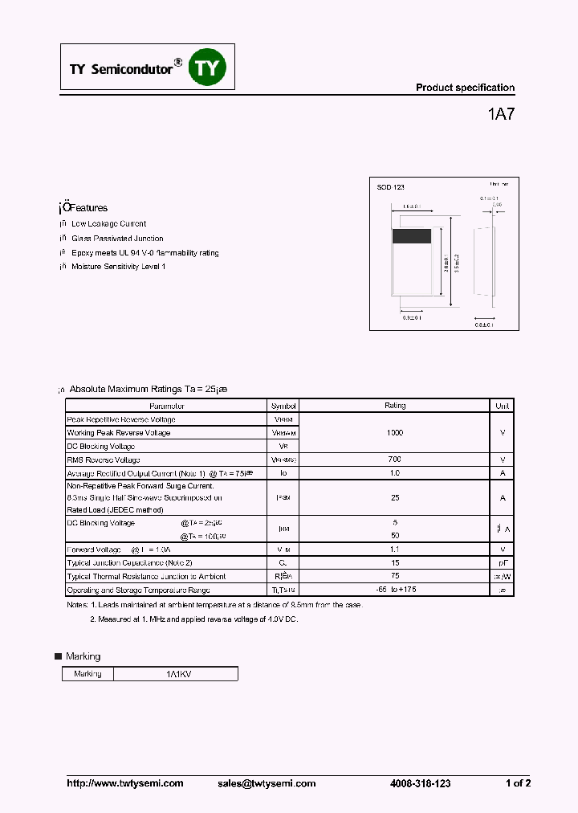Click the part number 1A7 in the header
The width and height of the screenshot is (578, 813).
pos(501,114)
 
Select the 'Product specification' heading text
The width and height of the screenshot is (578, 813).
pos(465,88)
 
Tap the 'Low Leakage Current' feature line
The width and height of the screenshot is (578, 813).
pos(108,224)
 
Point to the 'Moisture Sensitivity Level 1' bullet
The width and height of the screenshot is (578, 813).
pos(118,267)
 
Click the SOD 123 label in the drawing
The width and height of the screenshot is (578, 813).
pos(391,187)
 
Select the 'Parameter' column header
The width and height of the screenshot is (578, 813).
pos(166,406)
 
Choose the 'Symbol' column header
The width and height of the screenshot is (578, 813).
pos(283,406)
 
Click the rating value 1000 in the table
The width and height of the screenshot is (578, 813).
pos(395,433)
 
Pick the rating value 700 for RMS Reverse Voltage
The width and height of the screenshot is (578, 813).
pos(395,460)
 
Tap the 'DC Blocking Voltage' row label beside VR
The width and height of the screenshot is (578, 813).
pos(100,447)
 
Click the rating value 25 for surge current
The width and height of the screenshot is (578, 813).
pos(395,498)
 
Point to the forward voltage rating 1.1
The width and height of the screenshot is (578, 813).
pos(395,549)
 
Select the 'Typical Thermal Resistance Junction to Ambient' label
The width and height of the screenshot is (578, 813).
pos(146,576)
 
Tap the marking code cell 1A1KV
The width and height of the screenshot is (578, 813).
pos(176,674)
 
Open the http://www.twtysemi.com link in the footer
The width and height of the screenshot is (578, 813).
pos(124,783)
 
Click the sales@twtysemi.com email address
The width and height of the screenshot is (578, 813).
pos(267,783)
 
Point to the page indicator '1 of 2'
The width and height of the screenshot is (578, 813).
pos(518,783)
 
